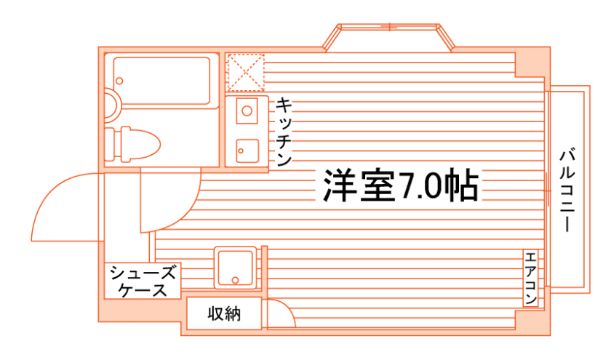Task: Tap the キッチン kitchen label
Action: [x=283, y=131]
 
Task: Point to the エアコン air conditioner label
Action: [x=530, y=279]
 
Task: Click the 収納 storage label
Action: [x=223, y=314]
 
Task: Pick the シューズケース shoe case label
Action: [x=143, y=281]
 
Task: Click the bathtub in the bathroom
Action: [x=162, y=80]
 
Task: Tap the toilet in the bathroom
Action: [x=138, y=143]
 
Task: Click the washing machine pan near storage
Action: [x=235, y=268]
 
